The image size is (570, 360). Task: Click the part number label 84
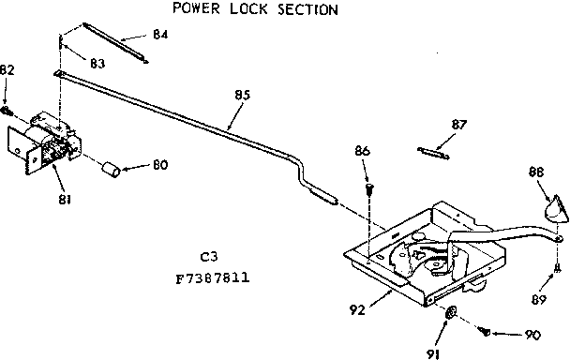pyautogui.click(x=160, y=35)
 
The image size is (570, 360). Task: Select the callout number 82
pyautogui.click(x=7, y=69)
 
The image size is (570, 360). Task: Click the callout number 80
pyautogui.click(x=160, y=167)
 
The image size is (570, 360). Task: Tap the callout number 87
pyautogui.click(x=458, y=124)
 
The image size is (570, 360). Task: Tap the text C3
pyautogui.click(x=209, y=256)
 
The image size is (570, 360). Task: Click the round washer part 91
pyautogui.click(x=453, y=313)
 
